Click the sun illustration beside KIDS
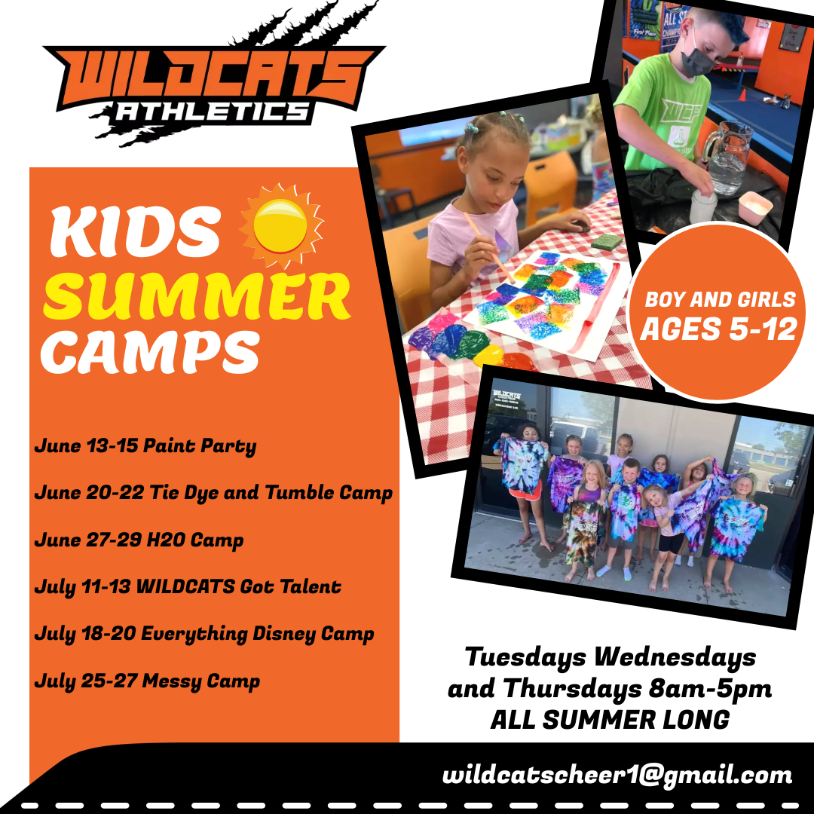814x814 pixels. click(x=281, y=225)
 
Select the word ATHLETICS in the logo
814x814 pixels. click(x=211, y=111)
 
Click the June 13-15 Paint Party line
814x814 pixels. click(x=145, y=446)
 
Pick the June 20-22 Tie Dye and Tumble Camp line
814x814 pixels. click(x=213, y=493)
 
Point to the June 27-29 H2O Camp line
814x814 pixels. click(x=139, y=540)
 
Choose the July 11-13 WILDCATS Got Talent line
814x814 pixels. click(x=188, y=586)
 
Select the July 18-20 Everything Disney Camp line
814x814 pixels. click(x=204, y=634)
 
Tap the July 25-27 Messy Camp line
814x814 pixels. click(x=147, y=681)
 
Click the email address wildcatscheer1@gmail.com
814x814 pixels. click(x=617, y=775)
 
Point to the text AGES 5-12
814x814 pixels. click(x=718, y=329)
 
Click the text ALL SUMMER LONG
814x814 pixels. click(x=610, y=720)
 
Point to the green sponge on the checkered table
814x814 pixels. click(x=607, y=242)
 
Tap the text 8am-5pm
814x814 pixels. click(x=710, y=690)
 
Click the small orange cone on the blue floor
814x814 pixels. click(x=743, y=95)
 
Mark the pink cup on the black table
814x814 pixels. click(x=756, y=208)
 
